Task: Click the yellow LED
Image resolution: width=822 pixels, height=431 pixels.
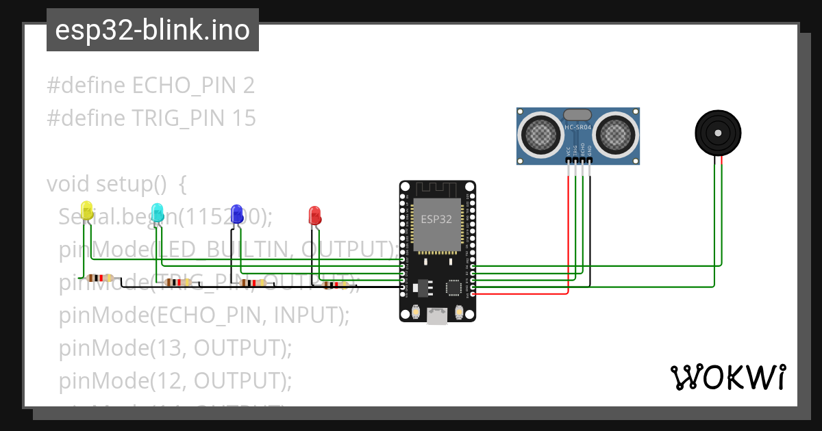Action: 87,211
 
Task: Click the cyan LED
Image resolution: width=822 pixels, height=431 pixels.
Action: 158,212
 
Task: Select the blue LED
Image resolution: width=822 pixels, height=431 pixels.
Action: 237,213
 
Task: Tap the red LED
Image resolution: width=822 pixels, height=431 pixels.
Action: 314,215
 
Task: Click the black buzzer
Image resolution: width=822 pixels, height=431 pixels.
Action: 718,132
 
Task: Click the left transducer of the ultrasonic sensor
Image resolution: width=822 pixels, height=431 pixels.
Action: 540,133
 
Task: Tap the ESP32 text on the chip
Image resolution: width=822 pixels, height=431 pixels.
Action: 436,220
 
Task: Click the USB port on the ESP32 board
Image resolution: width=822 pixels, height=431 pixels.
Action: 437,315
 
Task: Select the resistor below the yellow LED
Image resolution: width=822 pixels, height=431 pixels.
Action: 101,278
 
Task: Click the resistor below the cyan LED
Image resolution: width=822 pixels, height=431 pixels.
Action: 178,282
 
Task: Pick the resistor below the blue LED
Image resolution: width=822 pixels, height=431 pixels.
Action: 253,283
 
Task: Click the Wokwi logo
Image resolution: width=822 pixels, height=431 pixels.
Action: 727,377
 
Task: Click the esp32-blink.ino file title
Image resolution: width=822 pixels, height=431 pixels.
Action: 152,30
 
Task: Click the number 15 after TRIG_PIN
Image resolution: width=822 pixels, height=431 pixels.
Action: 243,118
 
